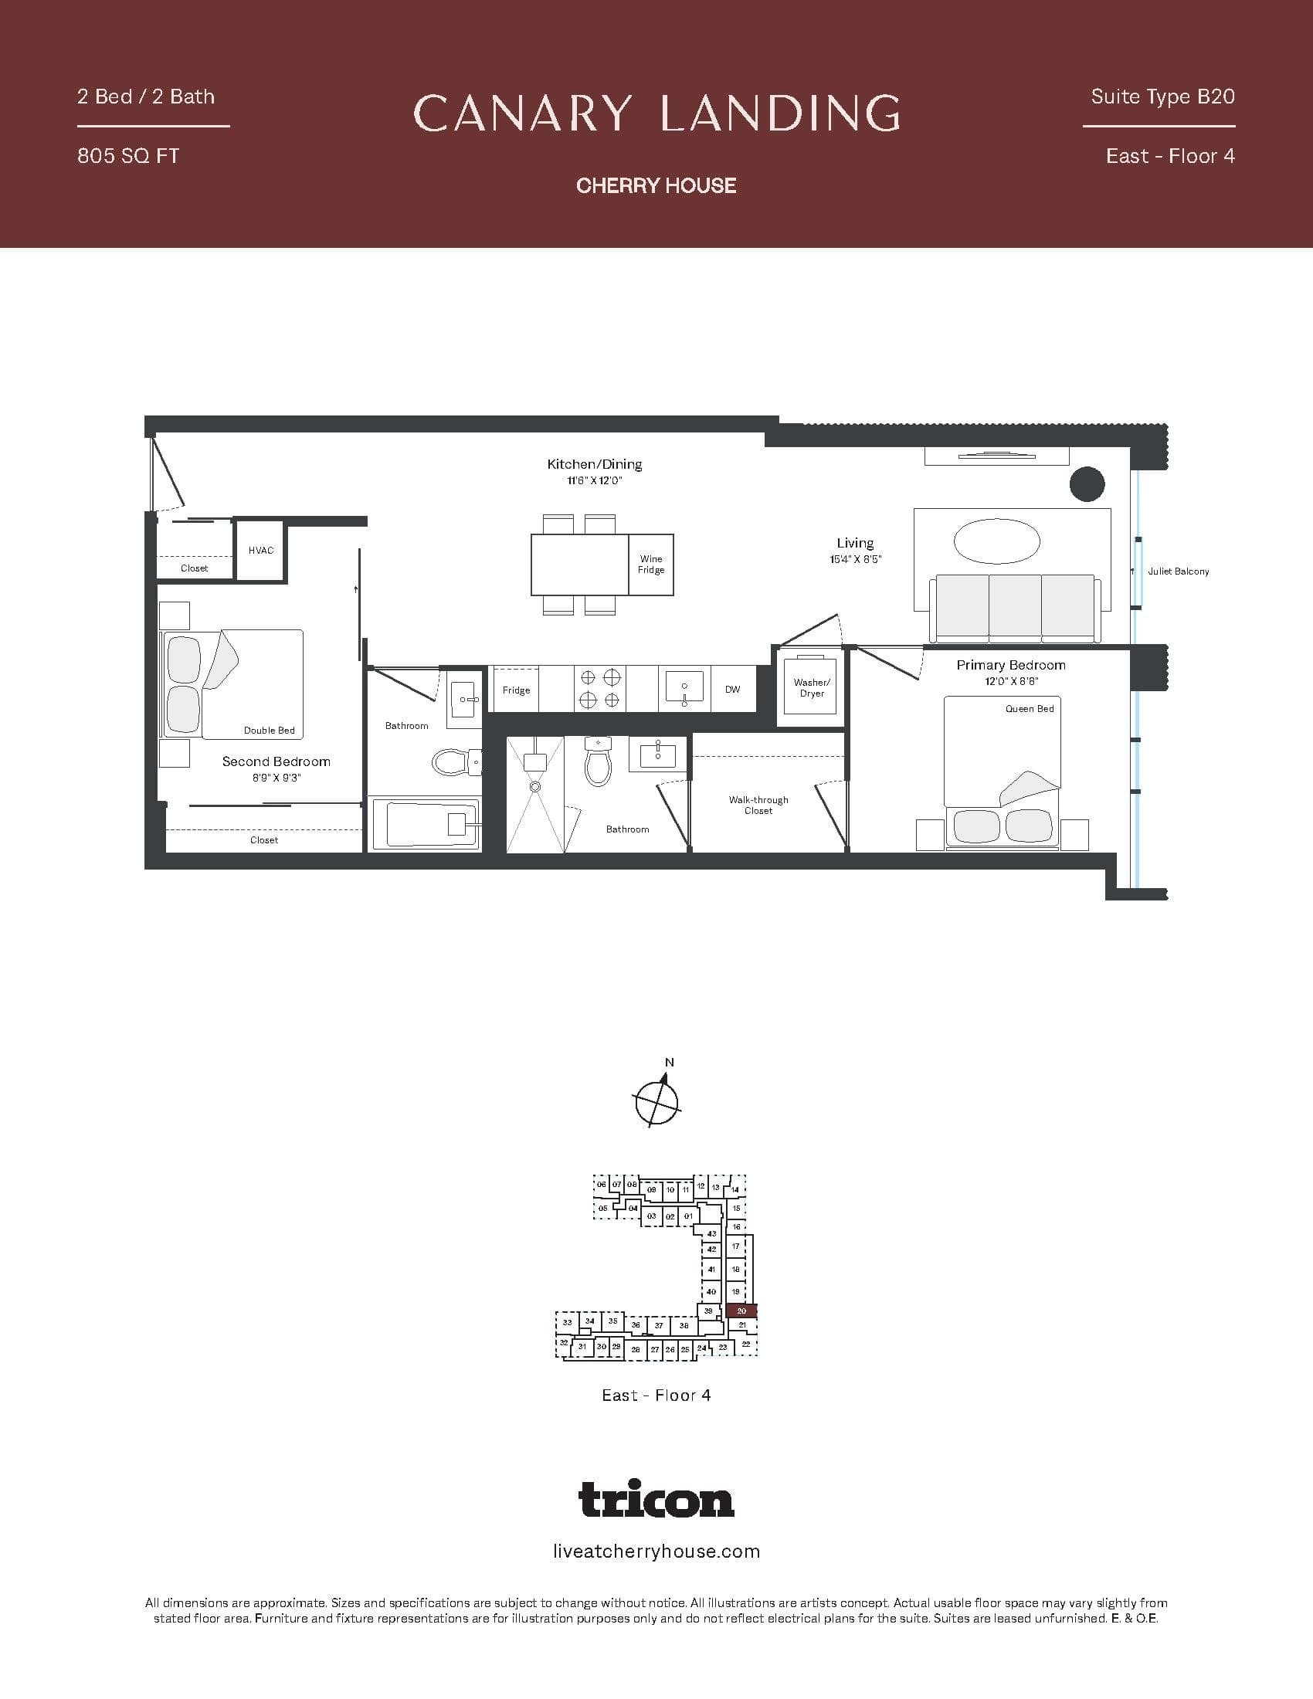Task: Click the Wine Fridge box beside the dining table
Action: (650, 565)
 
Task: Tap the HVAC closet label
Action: (260, 551)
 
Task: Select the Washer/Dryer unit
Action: (811, 687)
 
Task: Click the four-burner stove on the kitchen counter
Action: (599, 687)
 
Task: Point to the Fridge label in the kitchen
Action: (516, 690)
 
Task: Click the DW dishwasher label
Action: (732, 689)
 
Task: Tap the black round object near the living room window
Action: (1087, 484)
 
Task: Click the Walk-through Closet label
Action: (758, 805)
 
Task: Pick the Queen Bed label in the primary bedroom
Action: (1029, 709)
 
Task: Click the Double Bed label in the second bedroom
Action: (269, 731)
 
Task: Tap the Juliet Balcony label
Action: (1178, 571)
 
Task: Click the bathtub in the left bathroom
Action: (424, 824)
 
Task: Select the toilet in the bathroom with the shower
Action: (598, 763)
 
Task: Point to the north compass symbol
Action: (657, 1100)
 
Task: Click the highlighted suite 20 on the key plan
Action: (741, 1311)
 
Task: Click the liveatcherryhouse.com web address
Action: (656, 1551)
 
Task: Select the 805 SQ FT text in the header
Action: (128, 156)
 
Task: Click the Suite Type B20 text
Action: (1162, 97)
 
